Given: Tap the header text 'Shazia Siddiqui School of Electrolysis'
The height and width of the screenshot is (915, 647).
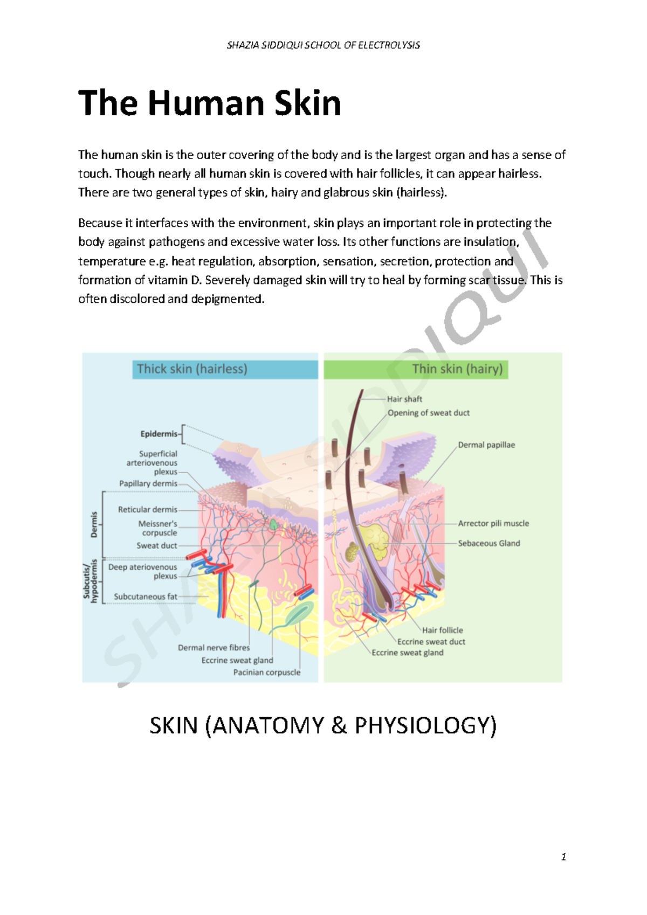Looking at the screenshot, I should tap(323, 45).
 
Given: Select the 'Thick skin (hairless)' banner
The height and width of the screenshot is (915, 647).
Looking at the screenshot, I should tap(192, 369).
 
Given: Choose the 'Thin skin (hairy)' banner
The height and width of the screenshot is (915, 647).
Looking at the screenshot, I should tap(457, 369).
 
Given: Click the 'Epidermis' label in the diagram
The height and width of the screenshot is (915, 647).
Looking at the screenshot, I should tap(159, 434).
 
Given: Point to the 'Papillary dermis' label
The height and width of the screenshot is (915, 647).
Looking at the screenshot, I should tap(148, 483).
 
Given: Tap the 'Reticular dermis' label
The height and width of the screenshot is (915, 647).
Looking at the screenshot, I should tap(147, 509).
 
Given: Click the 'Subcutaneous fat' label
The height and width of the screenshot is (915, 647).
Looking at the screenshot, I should tap(145, 597).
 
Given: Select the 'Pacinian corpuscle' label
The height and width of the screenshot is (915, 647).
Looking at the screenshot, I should tap(266, 672).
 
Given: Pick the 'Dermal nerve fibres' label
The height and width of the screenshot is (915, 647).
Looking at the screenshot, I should tap(214, 648).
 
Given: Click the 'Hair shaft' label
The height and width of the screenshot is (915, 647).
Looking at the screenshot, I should tap(404, 399).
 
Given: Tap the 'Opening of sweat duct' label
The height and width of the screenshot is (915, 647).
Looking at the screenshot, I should tap(429, 413).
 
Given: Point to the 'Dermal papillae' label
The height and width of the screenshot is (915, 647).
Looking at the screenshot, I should tap(486, 445).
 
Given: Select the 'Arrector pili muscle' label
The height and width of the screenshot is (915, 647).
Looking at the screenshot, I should tap(493, 523).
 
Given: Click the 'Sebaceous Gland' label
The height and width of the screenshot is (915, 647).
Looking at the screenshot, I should tap(488, 543).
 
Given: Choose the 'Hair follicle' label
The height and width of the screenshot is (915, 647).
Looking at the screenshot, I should tap(442, 630).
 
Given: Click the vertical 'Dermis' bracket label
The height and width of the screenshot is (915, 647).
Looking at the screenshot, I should tap(94, 524).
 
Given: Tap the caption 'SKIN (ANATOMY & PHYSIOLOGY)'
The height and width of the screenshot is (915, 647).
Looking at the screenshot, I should tap(323, 725).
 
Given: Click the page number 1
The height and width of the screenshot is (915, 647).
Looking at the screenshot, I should tap(563, 857).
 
